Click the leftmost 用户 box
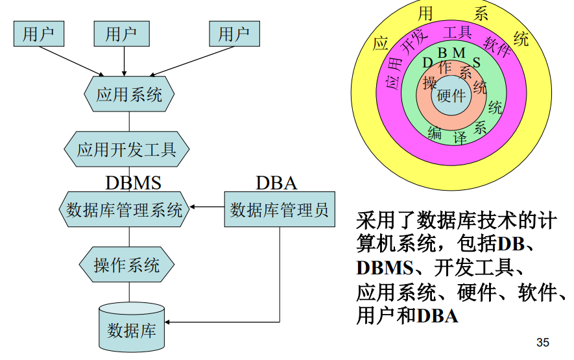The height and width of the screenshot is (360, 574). (x=38, y=33)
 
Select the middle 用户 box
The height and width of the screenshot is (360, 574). (x=121, y=33)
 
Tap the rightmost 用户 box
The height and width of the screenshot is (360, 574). (x=234, y=33)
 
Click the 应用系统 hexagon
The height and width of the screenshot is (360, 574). (x=128, y=95)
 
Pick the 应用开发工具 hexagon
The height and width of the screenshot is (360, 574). (x=126, y=150)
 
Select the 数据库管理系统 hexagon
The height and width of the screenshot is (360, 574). (x=125, y=210)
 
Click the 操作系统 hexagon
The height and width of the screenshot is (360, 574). (x=127, y=265)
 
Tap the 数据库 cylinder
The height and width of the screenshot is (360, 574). (x=132, y=327)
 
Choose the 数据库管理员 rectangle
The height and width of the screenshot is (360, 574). (x=280, y=210)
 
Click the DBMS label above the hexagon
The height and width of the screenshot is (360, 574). (x=133, y=183)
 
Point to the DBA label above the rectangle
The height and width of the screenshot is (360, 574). (x=276, y=183)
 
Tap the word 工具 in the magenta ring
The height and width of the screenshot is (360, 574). (x=457, y=32)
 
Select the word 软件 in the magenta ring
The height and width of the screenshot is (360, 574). (x=497, y=47)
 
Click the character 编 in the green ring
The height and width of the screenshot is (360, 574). (x=434, y=133)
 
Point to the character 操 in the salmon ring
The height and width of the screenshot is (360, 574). (x=429, y=83)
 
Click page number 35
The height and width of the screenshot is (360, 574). (x=543, y=342)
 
